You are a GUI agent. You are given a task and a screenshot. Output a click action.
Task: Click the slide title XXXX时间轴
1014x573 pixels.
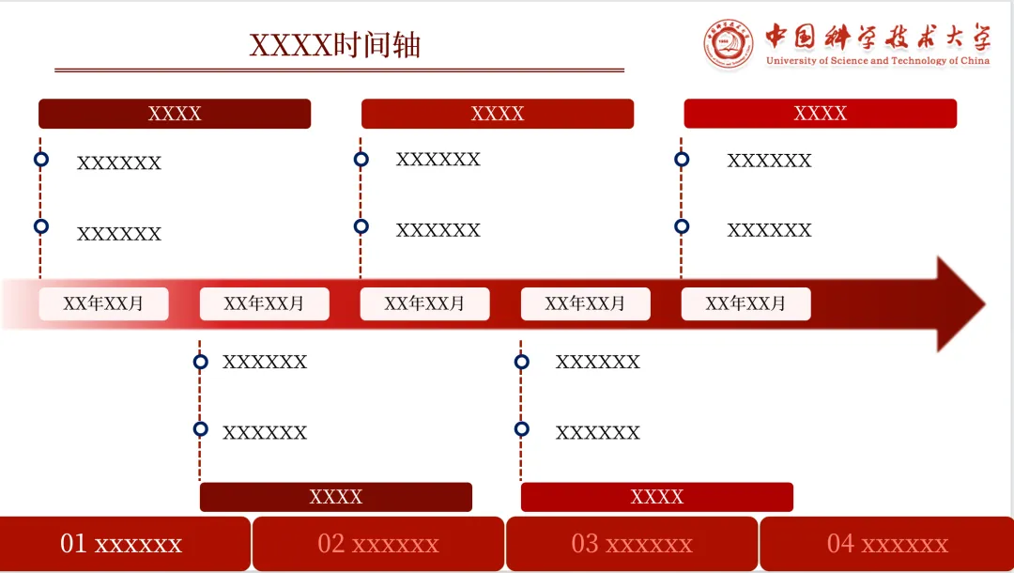tap(334, 45)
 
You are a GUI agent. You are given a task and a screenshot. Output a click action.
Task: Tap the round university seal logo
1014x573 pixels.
tap(730, 43)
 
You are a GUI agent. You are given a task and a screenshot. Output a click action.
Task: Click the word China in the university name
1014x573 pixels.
tap(975, 61)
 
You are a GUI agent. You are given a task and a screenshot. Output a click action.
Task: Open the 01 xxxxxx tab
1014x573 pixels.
tap(125, 544)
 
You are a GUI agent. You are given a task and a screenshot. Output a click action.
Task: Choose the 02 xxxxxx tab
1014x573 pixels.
tap(378, 544)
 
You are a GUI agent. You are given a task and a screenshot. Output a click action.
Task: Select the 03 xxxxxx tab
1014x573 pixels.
tap(632, 544)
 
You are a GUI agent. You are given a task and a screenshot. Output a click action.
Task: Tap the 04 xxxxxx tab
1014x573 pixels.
tap(887, 544)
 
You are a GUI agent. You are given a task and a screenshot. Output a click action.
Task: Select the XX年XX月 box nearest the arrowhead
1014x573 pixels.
tap(745, 304)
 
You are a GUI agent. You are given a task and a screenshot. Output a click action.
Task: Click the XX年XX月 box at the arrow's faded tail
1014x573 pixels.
tap(103, 304)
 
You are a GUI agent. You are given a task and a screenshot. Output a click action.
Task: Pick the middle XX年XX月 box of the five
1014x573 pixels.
tap(424, 304)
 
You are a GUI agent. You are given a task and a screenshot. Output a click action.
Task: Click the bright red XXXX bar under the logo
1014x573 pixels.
tap(820, 114)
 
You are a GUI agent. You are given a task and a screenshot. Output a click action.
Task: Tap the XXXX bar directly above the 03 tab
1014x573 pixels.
tap(656, 497)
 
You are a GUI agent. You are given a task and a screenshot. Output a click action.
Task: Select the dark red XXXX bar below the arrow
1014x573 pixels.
tap(335, 497)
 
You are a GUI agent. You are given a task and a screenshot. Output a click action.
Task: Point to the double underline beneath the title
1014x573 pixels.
tap(339, 70)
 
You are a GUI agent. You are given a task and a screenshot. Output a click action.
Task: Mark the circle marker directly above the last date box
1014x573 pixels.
tap(682, 226)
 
